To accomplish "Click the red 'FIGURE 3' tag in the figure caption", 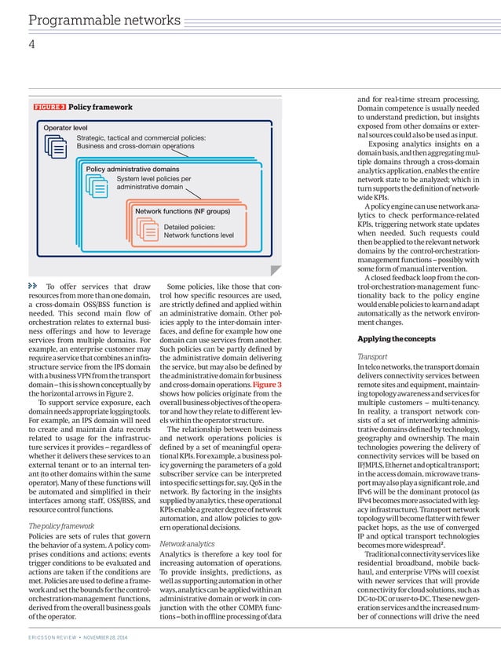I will [x=49, y=107].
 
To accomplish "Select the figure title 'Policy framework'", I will [x=101, y=107].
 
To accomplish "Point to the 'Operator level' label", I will [x=65, y=127].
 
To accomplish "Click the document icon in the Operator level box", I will [x=57, y=147].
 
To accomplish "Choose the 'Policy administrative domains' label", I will [x=132, y=169].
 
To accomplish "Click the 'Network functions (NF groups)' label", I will [x=182, y=212].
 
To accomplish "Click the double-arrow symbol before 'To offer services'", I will [x=33, y=287].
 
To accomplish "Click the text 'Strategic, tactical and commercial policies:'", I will [x=141, y=137].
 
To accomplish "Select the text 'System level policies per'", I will [x=153, y=179].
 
